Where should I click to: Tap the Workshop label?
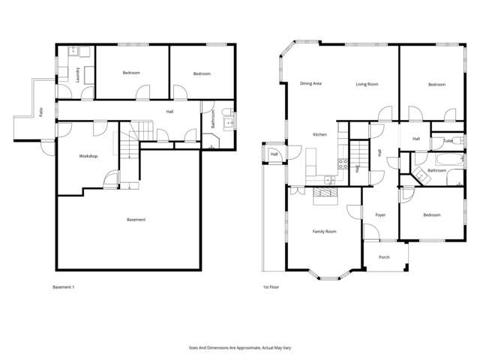pos(89,156)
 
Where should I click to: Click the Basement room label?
pos(136,220)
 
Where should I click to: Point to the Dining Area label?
pos(310,83)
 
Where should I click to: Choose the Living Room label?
pos(367,84)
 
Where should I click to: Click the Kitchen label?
pos(320,134)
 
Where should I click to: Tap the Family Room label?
pos(324,232)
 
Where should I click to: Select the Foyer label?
pos(380,215)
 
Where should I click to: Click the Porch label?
pos(384,257)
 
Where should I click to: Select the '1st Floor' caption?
pos(271,287)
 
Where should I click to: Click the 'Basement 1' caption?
pos(64,287)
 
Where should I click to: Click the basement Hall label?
pos(170,112)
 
